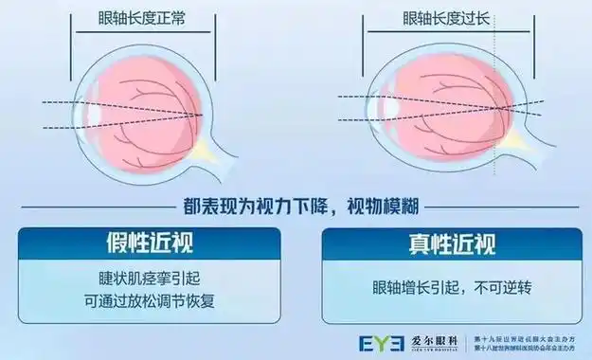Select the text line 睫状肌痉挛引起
point(148,280)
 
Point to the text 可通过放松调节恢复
point(148,302)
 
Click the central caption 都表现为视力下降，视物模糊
point(296,203)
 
